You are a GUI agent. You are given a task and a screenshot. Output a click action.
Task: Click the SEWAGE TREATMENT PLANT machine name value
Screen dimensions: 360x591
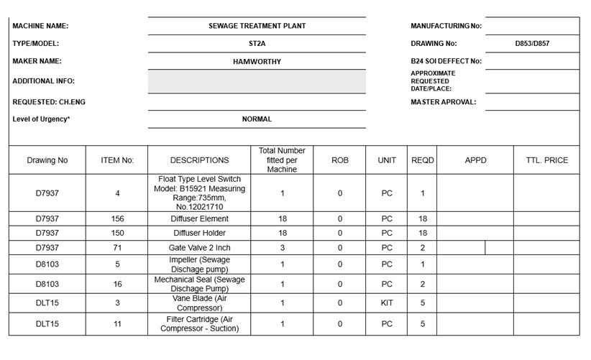point(257,26)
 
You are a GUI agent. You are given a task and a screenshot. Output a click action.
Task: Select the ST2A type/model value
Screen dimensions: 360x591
point(257,44)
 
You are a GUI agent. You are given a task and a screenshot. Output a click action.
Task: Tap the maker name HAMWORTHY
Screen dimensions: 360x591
point(257,62)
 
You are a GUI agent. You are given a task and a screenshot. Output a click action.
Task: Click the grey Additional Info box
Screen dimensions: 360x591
point(257,81)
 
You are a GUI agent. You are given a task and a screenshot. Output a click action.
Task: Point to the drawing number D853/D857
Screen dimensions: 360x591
point(532,44)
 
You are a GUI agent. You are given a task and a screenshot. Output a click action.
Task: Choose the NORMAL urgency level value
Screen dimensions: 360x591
point(257,119)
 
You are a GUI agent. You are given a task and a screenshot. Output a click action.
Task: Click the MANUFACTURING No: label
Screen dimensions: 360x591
point(446,26)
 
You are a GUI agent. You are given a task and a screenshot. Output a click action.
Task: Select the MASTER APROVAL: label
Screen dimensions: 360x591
point(443,102)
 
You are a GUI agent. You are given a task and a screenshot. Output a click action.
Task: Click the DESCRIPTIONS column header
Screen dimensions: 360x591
point(199,160)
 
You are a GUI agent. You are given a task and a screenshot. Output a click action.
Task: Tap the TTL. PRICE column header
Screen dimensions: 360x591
point(546,160)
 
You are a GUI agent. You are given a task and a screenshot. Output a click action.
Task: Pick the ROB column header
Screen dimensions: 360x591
point(340,160)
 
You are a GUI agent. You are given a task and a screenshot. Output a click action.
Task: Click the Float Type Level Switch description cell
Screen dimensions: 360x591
point(199,193)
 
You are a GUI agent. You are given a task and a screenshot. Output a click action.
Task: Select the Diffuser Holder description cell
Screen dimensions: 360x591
point(199,233)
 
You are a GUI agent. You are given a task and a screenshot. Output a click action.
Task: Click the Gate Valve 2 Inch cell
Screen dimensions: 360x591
point(199,248)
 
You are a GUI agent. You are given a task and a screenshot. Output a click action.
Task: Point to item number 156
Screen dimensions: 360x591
point(117,218)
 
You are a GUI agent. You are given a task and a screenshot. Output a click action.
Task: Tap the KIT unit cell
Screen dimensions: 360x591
point(387,303)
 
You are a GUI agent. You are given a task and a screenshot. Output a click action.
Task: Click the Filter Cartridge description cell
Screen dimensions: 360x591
point(199,324)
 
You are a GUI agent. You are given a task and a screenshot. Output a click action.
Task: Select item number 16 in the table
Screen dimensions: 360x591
point(117,285)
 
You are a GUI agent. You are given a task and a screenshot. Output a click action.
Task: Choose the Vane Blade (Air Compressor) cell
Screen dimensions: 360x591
point(199,303)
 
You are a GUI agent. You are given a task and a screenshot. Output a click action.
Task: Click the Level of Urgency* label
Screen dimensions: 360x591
point(41,119)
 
